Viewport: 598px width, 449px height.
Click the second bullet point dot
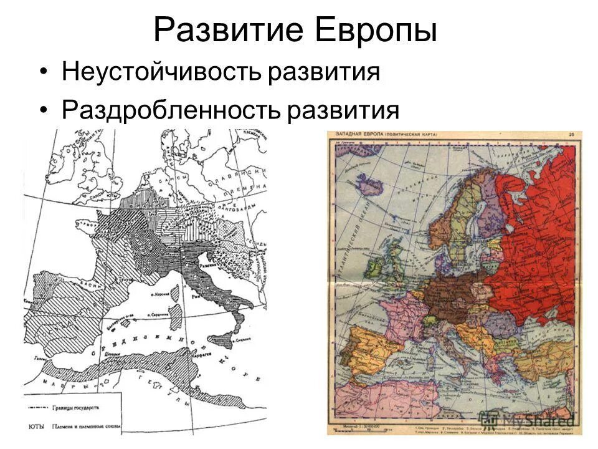[43, 110]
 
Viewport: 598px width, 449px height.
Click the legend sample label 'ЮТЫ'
[36, 427]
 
